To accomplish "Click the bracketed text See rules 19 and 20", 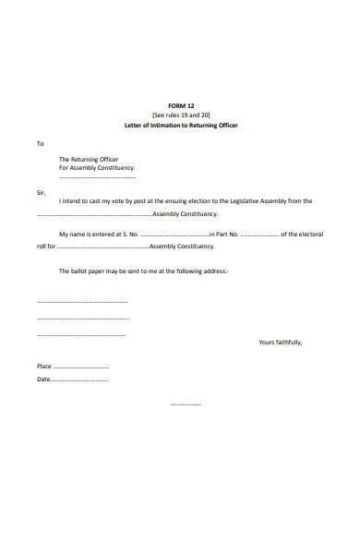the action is click(x=181, y=114).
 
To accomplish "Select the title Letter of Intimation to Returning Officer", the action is click(x=181, y=125).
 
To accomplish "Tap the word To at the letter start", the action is click(x=40, y=144).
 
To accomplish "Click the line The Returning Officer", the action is click(x=89, y=160).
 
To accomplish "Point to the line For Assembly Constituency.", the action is click(x=97, y=168).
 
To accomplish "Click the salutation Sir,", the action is click(x=41, y=193).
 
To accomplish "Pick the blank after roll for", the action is click(x=102, y=247).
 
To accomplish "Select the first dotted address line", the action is click(x=82, y=302).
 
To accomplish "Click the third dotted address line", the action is click(x=81, y=334).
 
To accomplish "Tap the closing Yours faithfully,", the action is click(x=280, y=343).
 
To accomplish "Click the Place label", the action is click(x=44, y=367).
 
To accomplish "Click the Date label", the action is click(x=43, y=379).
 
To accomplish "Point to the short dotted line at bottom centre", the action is click(x=186, y=404).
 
